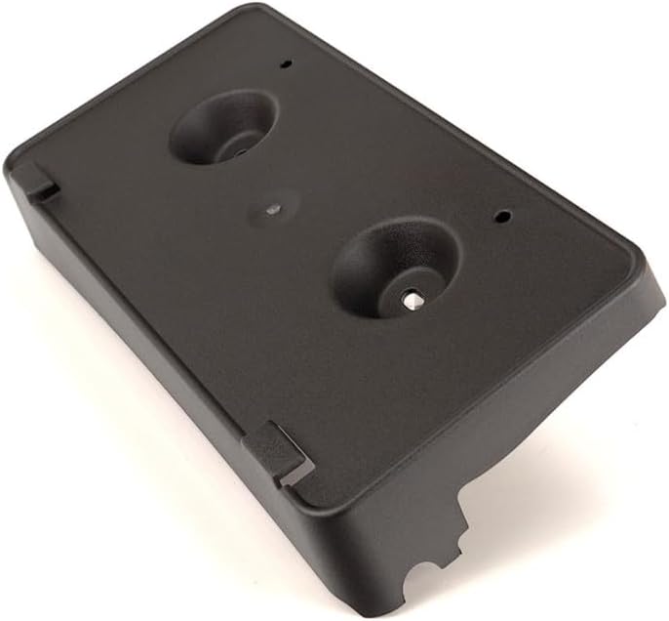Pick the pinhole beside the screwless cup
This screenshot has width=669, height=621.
(x=286, y=64)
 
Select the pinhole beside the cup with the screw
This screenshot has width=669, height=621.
(x=502, y=216)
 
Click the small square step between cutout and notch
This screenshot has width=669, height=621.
(x=451, y=556)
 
